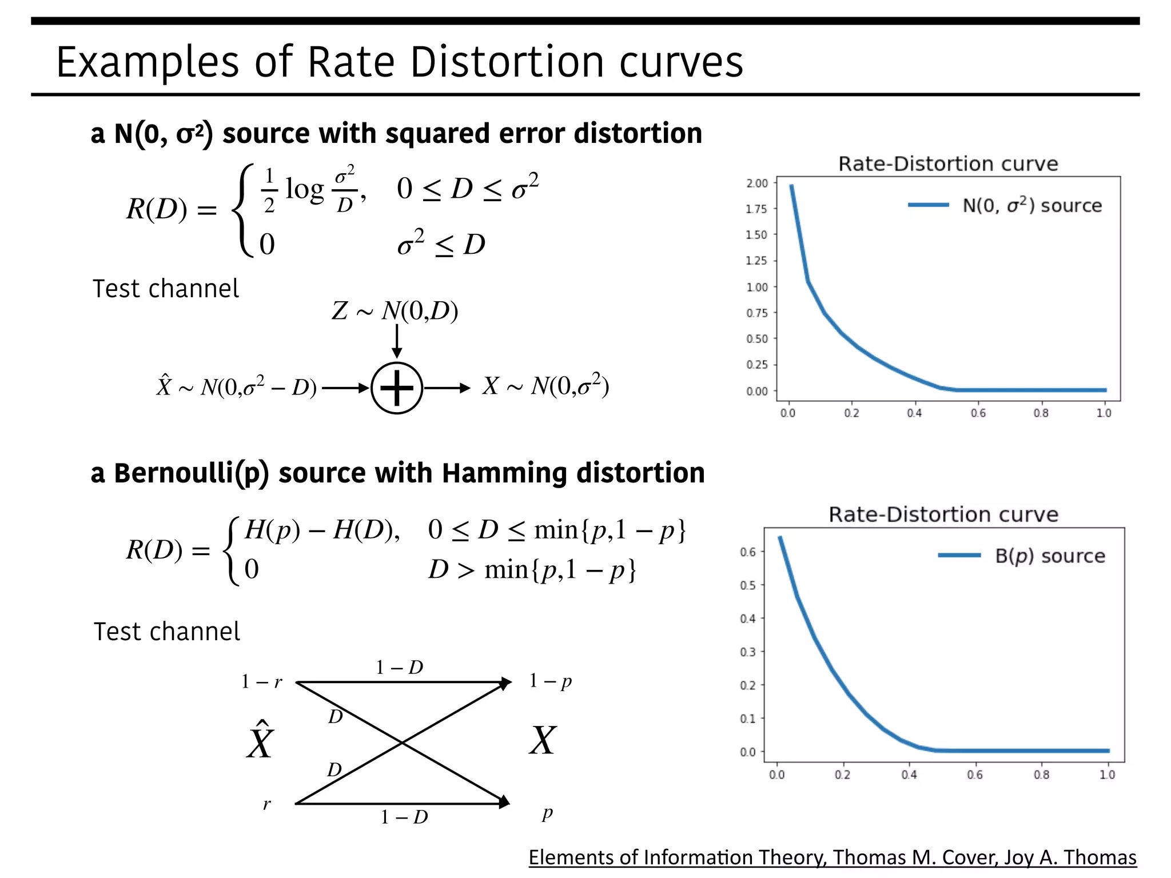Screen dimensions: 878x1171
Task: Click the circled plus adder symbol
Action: (397, 388)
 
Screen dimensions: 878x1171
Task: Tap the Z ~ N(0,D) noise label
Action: (395, 311)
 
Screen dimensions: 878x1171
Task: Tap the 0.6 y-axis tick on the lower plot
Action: (747, 552)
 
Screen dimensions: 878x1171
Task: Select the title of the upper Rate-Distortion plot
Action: (948, 164)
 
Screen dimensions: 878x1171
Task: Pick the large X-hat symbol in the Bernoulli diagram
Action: (261, 741)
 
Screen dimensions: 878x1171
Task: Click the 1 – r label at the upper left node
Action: (261, 681)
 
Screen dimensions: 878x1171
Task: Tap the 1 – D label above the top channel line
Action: (399, 667)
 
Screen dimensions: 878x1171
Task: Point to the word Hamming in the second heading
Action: (504, 473)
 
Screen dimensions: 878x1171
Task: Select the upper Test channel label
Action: (166, 289)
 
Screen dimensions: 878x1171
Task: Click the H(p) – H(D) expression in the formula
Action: (321, 530)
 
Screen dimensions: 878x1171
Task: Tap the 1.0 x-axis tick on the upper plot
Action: (1104, 413)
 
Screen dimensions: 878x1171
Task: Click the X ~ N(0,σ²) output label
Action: (545, 386)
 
